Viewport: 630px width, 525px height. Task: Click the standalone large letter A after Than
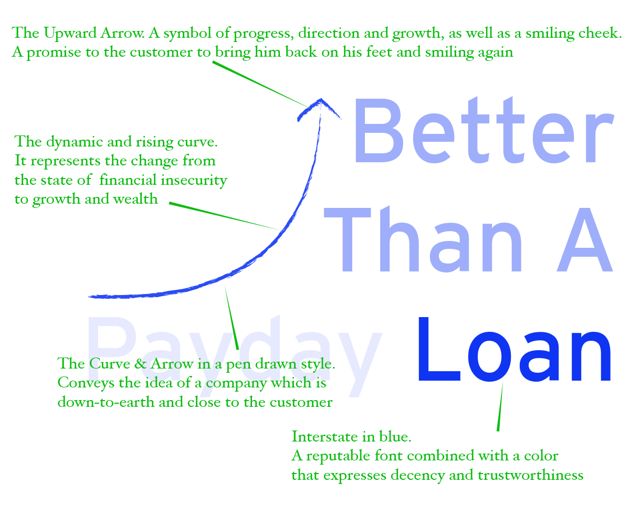584,239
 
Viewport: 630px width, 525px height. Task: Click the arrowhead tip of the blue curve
320,100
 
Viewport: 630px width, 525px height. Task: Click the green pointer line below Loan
500,407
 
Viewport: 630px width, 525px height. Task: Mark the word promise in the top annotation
49,52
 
